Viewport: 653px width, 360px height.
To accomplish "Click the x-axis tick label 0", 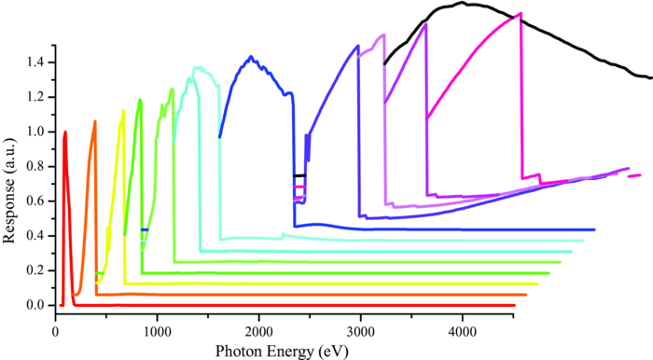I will pyautogui.click(x=56, y=329).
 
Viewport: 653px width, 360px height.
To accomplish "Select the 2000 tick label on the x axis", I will pyautogui.click(x=259, y=329).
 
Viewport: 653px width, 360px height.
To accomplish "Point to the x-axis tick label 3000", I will pyautogui.click(x=361, y=329).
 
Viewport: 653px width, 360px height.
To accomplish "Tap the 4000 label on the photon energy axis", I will pyautogui.click(x=463, y=329).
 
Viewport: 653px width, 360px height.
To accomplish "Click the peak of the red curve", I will pyautogui.click(x=65, y=132).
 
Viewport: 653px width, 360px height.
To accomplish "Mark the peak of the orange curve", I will pyautogui.click(x=94, y=120).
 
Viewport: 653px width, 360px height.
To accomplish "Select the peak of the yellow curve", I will pyautogui.click(x=123, y=110).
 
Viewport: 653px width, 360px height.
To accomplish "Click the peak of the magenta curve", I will pyautogui.click(x=520, y=13).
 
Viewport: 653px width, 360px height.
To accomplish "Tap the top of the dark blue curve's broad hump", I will pyautogui.click(x=251, y=57).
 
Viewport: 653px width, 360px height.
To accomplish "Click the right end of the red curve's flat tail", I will pyautogui.click(x=514, y=305).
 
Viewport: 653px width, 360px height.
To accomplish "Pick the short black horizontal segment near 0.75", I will pyautogui.click(x=299, y=175).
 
